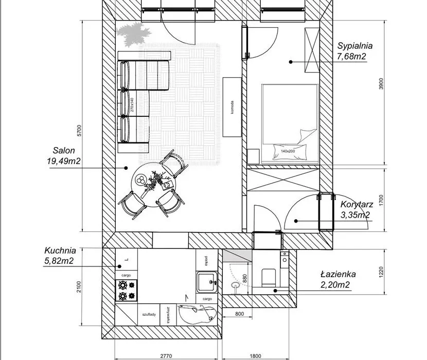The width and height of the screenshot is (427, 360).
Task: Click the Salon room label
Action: tap(64, 151)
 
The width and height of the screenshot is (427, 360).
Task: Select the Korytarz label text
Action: tap(353, 204)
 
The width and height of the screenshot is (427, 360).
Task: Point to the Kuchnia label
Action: tap(60, 250)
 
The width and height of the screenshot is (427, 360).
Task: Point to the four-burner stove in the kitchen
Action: tap(127, 290)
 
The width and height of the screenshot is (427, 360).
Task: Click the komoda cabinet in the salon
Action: tap(232, 106)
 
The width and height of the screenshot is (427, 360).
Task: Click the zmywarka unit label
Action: tap(168, 314)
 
